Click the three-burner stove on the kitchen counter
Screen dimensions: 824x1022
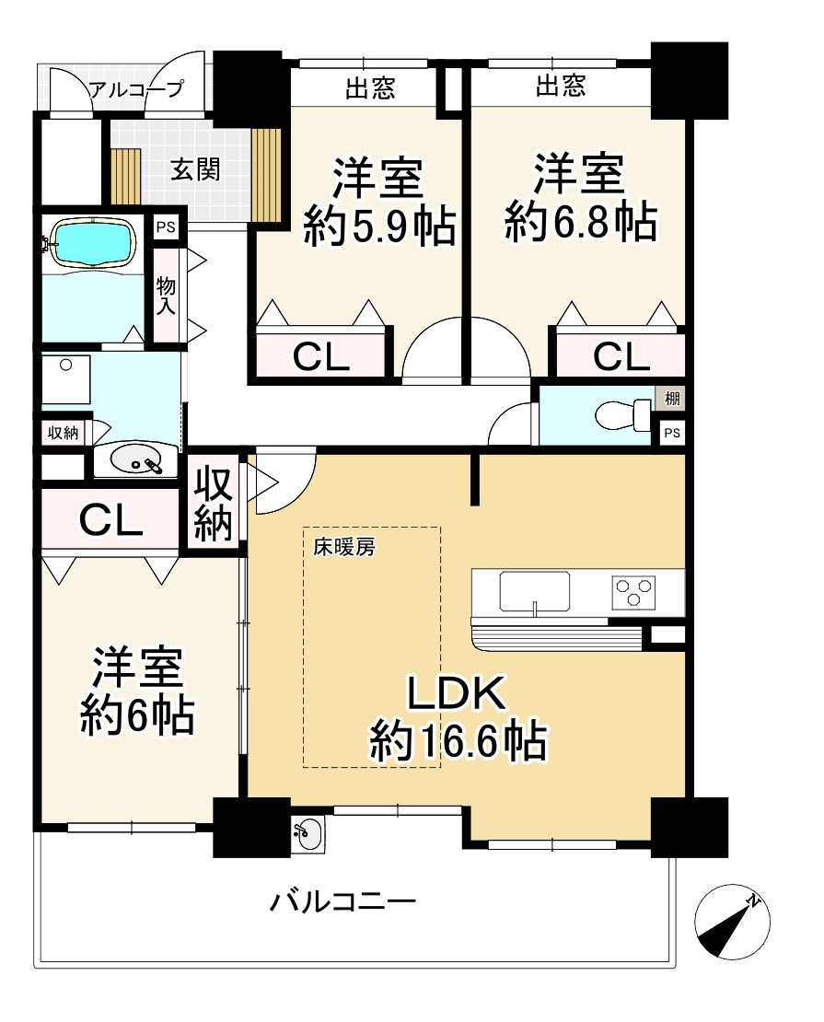pyautogui.click(x=633, y=592)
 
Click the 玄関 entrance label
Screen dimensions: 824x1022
pyautogui.click(x=195, y=170)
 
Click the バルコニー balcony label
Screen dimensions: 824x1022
pyautogui.click(x=342, y=902)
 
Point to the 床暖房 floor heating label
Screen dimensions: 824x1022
pyautogui.click(x=344, y=548)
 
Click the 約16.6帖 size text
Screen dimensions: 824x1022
pyautogui.click(x=458, y=741)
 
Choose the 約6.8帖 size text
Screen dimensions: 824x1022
pyautogui.click(x=581, y=222)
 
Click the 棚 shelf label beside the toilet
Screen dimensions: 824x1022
pyautogui.click(x=672, y=398)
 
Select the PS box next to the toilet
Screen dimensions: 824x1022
pyautogui.click(x=672, y=433)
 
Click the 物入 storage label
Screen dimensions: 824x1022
pyautogui.click(x=166, y=295)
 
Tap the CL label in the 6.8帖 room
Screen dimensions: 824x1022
pyautogui.click(x=621, y=356)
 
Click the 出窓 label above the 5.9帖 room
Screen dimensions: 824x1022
pyautogui.click(x=369, y=88)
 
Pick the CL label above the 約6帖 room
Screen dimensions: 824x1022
pyautogui.click(x=110, y=520)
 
